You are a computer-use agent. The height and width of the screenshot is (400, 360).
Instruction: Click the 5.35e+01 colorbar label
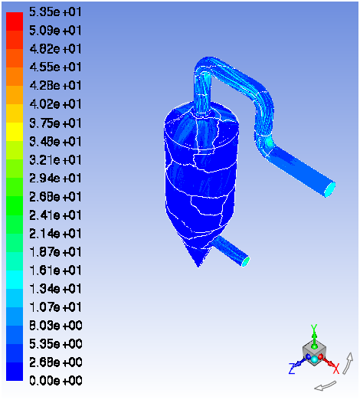point(55,12)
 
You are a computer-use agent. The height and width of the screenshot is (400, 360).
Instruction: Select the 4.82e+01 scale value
point(55,49)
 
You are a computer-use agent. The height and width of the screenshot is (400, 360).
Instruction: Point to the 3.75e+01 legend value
point(55,123)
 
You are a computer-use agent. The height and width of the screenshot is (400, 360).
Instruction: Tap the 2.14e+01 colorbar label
point(55,234)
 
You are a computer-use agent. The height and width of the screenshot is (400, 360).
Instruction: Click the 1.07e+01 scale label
point(55,307)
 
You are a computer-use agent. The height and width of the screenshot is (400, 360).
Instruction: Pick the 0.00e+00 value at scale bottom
point(55,381)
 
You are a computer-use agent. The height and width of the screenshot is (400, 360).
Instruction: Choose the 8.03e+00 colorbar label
point(55,326)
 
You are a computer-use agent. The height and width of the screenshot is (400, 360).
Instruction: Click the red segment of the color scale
point(15,21)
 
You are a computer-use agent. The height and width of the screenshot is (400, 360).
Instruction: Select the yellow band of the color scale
point(15,132)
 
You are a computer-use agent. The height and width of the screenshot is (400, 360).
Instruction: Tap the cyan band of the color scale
point(15,280)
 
